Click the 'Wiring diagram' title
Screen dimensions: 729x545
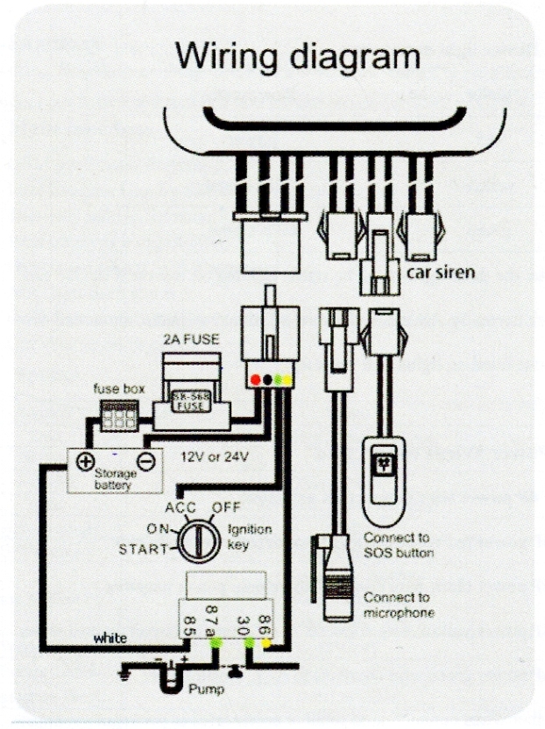pyautogui.click(x=298, y=57)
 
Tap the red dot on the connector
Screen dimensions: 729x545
pyautogui.click(x=255, y=380)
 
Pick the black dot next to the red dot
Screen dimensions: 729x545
pyautogui.click(x=267, y=380)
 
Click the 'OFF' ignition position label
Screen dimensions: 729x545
pyautogui.click(x=225, y=507)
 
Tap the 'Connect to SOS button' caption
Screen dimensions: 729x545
pyautogui.click(x=399, y=545)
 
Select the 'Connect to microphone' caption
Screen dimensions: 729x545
pyautogui.click(x=399, y=605)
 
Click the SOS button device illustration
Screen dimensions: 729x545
pyautogui.click(x=383, y=469)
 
